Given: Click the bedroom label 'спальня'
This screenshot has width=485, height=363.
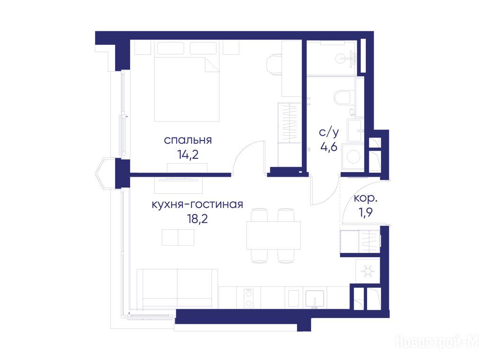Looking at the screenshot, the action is point(188,140).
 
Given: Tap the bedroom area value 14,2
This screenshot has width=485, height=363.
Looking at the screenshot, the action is point(188,155).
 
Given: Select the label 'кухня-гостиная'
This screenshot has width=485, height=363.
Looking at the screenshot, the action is point(198,204).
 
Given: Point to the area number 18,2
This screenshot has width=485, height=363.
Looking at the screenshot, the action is point(198,219).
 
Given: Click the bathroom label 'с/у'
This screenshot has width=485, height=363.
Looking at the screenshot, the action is point(329,132).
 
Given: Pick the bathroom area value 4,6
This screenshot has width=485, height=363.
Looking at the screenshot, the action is point(329,147).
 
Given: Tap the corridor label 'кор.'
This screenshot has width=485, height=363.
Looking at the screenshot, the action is point(366,198).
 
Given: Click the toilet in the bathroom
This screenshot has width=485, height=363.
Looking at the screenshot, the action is point(344,97).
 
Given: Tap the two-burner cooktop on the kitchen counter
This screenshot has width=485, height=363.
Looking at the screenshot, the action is point(248,298).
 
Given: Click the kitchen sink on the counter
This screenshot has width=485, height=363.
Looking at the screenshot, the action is point(314,299).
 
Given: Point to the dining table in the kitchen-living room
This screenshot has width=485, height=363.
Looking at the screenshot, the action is point(273,235).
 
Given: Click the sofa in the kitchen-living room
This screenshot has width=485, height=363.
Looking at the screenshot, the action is point(177,289).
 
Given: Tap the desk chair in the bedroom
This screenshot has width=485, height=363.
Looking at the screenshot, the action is point(274,64).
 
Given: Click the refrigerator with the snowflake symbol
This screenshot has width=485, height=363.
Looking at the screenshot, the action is point(368,271).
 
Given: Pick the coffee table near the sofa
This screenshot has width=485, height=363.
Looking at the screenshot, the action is point(178,237).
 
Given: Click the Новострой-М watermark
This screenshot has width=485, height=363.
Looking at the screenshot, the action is point(437,342).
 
